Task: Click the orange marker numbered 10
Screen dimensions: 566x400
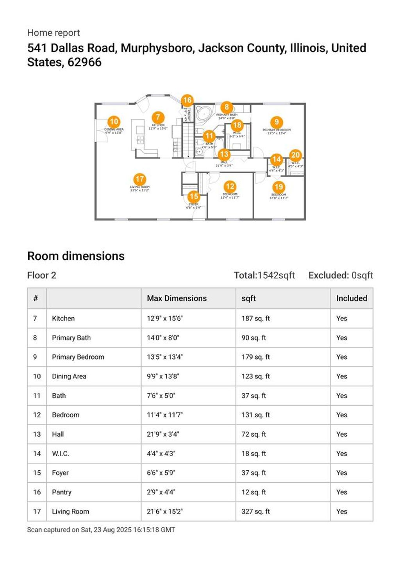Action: tap(114, 122)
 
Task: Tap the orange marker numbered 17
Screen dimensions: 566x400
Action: tap(139, 179)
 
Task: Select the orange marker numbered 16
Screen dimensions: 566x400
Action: tap(187, 100)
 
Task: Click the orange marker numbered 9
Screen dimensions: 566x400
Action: tap(277, 122)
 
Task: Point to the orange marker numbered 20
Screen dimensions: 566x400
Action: tap(295, 155)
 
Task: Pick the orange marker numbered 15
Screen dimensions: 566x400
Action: tap(193, 197)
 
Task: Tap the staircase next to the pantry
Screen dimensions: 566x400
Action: tap(189, 139)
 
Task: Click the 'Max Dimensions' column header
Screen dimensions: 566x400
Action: tap(177, 298)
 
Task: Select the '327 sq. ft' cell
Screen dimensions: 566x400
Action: tap(255, 511)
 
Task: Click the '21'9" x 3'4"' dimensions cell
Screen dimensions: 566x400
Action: tap(163, 434)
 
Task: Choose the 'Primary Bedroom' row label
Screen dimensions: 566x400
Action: tap(78, 357)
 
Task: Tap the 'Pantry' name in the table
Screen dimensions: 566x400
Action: tap(62, 492)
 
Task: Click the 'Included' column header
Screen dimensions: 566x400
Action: tap(351, 298)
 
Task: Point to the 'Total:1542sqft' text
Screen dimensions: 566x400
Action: tap(264, 275)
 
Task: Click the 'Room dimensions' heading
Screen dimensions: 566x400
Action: tap(76, 256)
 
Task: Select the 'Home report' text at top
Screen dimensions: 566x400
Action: tap(54, 33)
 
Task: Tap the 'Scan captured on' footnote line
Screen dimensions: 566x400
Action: tap(101, 530)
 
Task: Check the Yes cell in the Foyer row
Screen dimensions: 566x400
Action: tap(341, 473)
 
